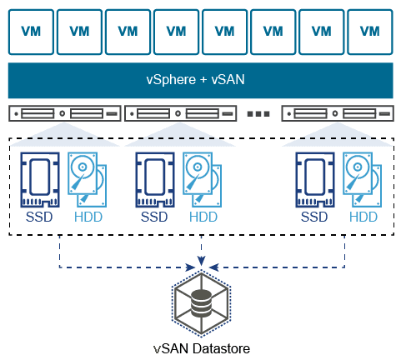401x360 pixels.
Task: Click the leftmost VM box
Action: tap(31, 32)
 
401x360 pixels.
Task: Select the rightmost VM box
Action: tap(370, 32)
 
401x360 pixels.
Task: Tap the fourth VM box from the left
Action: tap(176, 32)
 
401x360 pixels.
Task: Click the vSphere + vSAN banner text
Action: tap(195, 80)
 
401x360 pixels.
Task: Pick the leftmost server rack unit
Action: tap(65, 113)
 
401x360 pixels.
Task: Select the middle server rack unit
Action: tap(180, 113)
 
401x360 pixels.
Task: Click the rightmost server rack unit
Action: tap(338, 113)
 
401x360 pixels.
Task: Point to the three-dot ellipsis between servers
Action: tap(258, 113)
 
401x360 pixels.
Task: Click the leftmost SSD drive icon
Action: tap(40, 180)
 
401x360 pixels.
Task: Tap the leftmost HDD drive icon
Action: tap(87, 179)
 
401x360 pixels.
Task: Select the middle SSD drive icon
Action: tap(155, 180)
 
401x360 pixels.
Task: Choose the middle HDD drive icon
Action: tap(202, 179)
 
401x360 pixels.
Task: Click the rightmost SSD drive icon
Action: tap(315, 180)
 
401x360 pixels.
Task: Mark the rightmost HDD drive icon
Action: tap(362, 179)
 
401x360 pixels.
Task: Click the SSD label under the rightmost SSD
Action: tap(314, 217)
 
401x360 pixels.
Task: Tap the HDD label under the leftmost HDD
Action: tap(88, 217)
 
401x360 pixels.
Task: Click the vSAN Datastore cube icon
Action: tap(201, 303)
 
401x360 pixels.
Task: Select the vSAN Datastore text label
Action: tap(202, 348)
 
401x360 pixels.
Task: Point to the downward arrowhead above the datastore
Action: tap(201, 261)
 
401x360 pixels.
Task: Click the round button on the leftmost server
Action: tap(63, 113)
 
